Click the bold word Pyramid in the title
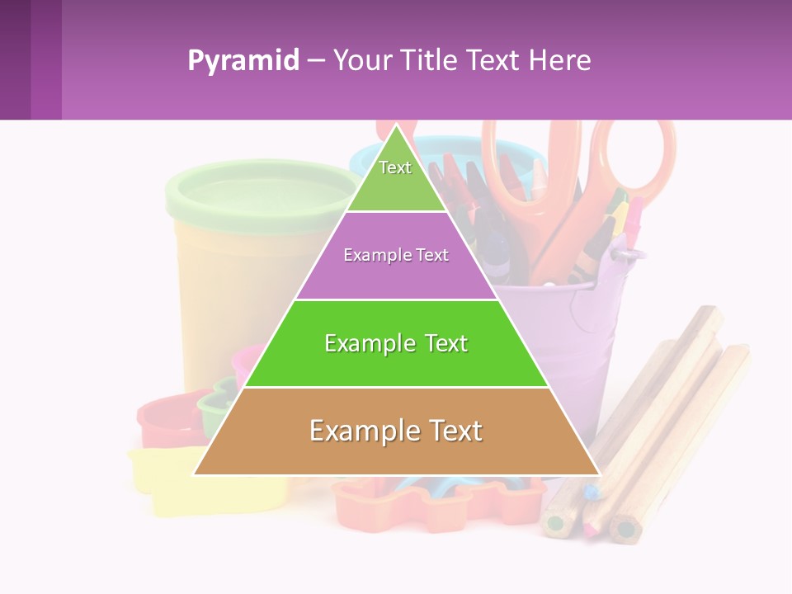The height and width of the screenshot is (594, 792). pos(243,61)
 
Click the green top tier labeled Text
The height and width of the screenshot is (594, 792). pos(396,177)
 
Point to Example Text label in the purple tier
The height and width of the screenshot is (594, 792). pos(396,255)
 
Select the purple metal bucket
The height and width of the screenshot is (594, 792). pos(569,330)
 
